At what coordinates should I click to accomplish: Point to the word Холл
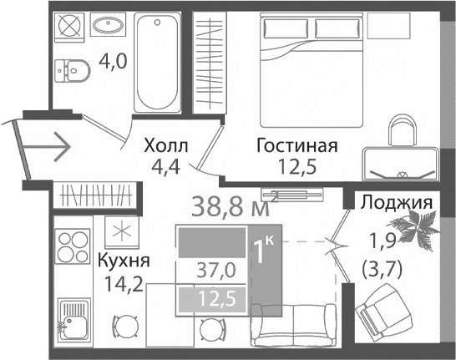pyautogui.click(x=165, y=146)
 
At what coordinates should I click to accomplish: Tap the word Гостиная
pyautogui.click(x=296, y=146)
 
